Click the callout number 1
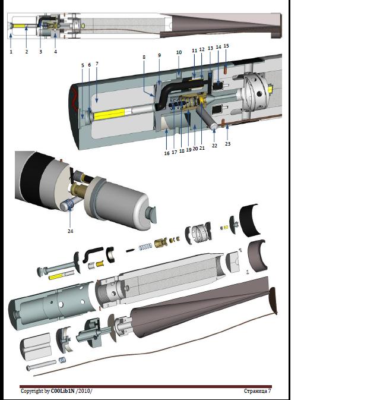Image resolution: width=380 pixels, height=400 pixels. point(11,52)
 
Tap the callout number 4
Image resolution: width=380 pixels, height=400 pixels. point(56,52)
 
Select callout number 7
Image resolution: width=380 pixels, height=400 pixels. point(97,64)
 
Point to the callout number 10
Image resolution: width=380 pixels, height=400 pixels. point(179,52)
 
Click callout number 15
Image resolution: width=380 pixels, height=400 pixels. point(226,46)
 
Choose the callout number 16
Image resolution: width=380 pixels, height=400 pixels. point(167,153)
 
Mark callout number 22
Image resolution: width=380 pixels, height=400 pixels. point(214,146)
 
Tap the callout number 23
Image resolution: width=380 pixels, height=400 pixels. point(227,144)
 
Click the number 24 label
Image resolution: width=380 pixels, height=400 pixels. point(70,231)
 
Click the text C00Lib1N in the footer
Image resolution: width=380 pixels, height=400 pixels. point(63,391)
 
